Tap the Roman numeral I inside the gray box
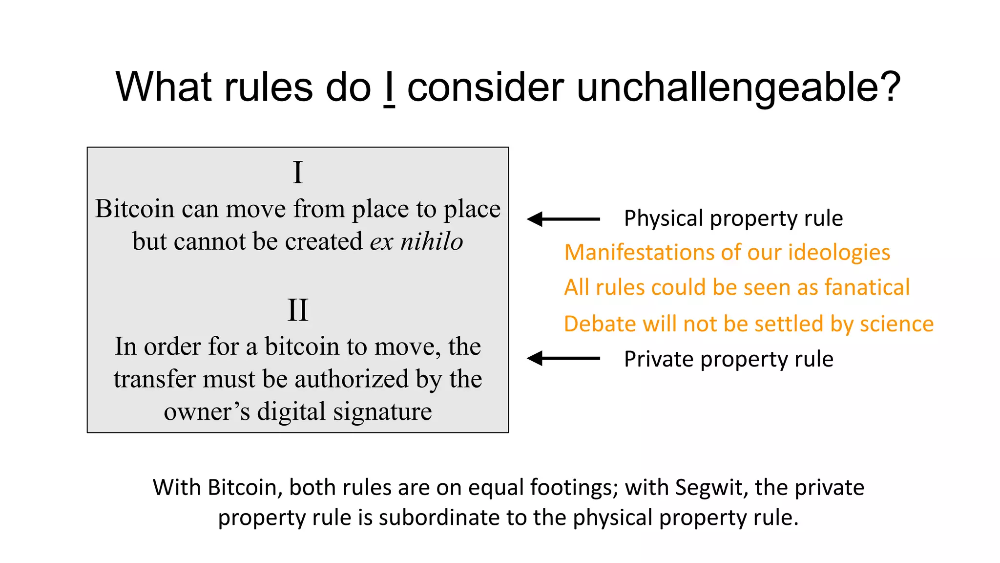(298, 173)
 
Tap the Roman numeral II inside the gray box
(298, 310)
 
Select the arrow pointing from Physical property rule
(563, 219)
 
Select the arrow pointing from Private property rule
(563, 358)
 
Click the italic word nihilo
(432, 241)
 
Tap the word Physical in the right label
(664, 218)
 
